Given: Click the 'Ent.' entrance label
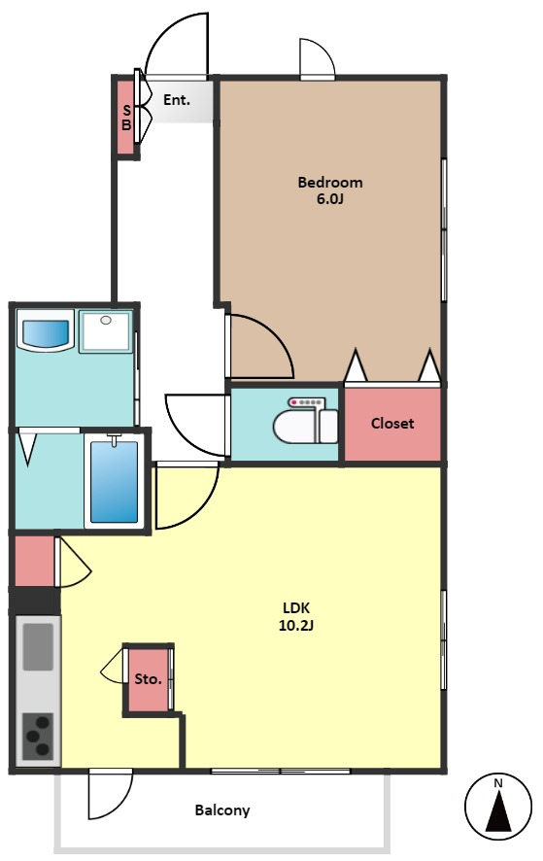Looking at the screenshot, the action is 176,100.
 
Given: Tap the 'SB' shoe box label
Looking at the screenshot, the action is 126,118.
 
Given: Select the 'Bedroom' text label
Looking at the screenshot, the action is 330,182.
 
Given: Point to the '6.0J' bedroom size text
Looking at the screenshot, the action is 330,199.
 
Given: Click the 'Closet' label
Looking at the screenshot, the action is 392,424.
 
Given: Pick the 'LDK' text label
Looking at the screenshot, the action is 296,608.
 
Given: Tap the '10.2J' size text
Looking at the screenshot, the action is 296,625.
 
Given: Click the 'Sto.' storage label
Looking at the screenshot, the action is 149,679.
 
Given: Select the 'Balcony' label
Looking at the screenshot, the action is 222,810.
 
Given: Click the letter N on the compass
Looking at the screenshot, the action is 498,783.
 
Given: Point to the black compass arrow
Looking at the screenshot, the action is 498,812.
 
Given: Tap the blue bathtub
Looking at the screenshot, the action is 115,482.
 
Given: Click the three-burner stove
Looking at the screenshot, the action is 38,737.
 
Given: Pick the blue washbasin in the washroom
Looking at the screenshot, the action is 45,333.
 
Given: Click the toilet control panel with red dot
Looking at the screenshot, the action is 307,402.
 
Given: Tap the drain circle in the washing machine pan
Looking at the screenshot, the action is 106,320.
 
